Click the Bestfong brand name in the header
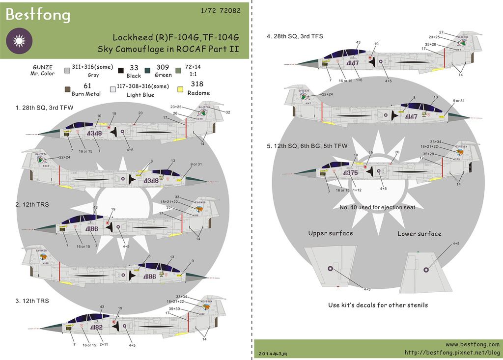[38, 15]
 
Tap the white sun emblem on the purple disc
[19, 42]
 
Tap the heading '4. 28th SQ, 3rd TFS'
[295, 36]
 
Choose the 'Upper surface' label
[330, 233]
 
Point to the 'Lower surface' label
[419, 234]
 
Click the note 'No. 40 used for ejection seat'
[377, 207]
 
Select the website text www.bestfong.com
[473, 345]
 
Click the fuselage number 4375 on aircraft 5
[350, 173]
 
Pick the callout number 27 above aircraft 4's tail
[441, 32]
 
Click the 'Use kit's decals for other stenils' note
[378, 305]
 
